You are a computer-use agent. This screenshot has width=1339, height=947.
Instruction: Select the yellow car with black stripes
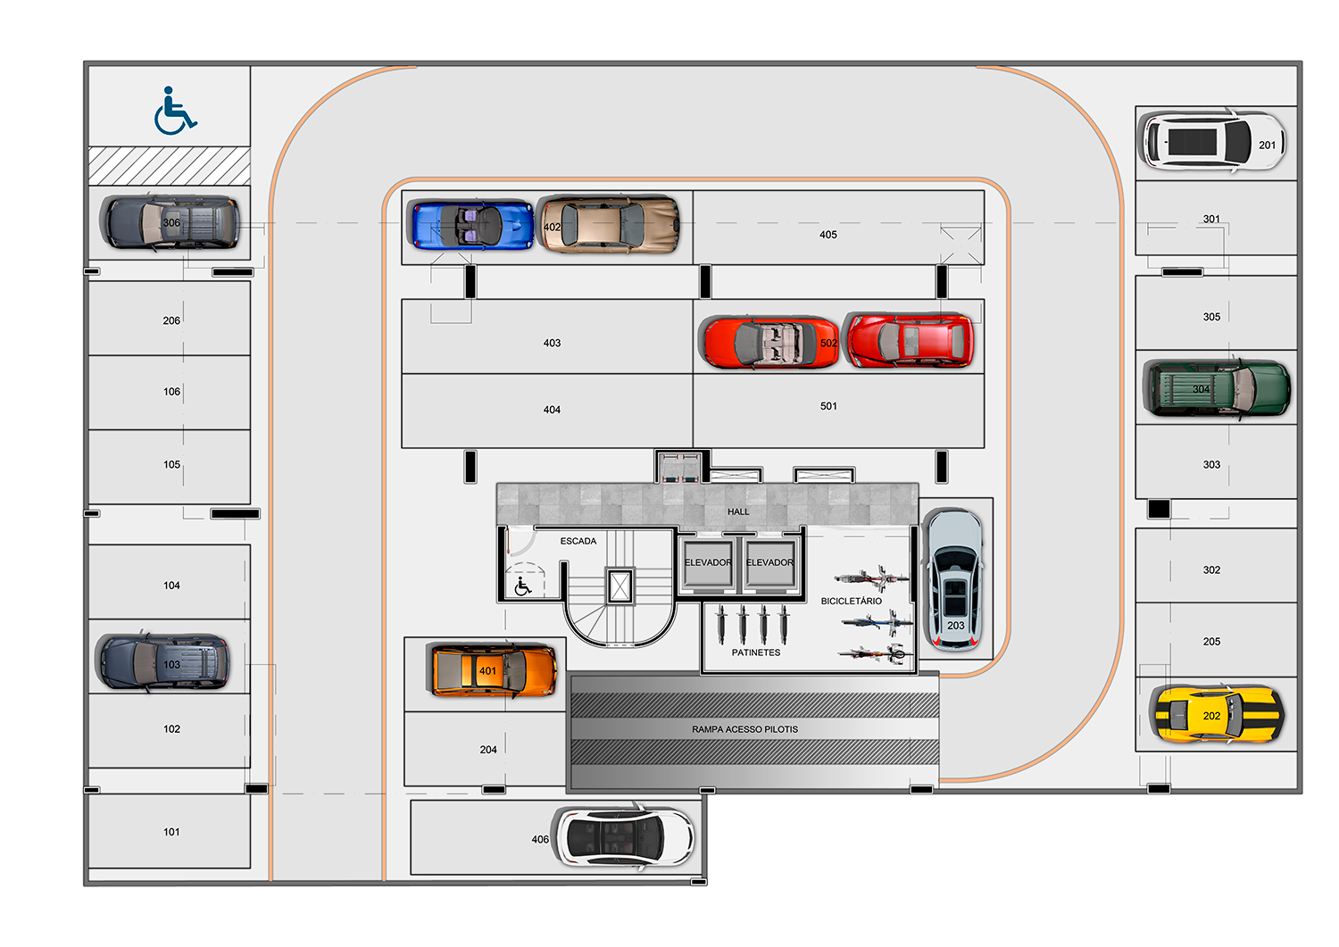(1217, 714)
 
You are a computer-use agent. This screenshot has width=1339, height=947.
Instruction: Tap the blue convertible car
(470, 224)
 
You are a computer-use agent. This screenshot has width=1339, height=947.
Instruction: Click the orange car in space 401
(491, 670)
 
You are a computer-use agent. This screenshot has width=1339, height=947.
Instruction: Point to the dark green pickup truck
(1216, 388)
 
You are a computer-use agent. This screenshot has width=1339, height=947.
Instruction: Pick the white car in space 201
(1212, 142)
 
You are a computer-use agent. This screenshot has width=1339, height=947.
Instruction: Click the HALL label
(738, 511)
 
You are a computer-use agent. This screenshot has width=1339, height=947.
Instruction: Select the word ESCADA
(578, 541)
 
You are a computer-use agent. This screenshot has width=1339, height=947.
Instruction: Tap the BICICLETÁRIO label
(852, 601)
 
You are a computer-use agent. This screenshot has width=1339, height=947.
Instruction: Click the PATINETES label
(756, 652)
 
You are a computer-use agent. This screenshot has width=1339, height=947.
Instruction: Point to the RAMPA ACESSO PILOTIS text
(744, 729)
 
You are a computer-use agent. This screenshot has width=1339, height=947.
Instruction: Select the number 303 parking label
(1211, 464)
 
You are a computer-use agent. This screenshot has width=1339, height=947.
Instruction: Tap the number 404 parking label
(552, 410)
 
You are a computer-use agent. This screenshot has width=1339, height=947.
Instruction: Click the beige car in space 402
(608, 224)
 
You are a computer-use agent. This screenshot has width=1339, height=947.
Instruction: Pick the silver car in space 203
(954, 579)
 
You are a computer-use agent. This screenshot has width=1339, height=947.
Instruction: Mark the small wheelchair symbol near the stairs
(523, 586)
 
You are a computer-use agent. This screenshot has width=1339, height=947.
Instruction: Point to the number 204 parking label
(488, 750)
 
